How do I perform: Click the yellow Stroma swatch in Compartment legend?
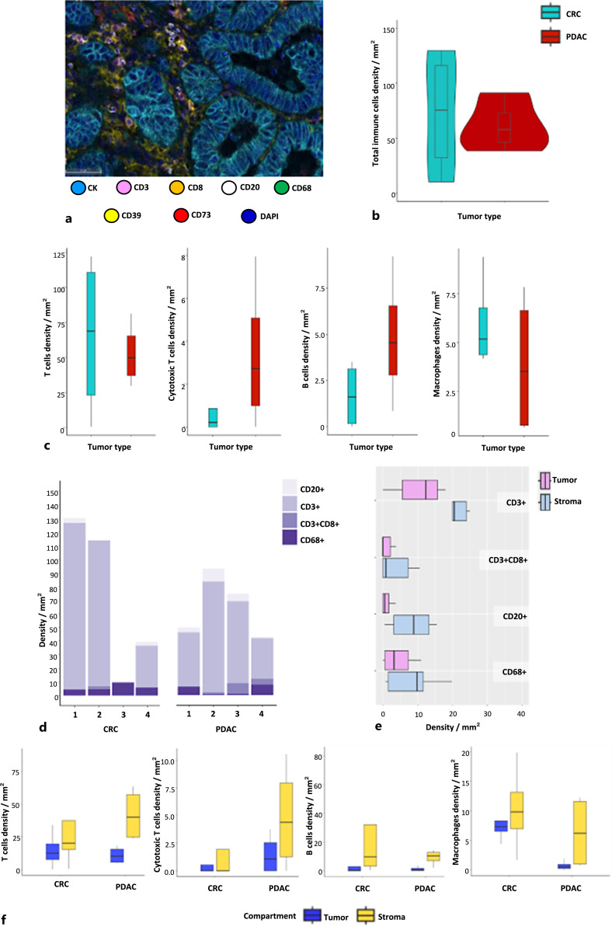click(364, 917)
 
